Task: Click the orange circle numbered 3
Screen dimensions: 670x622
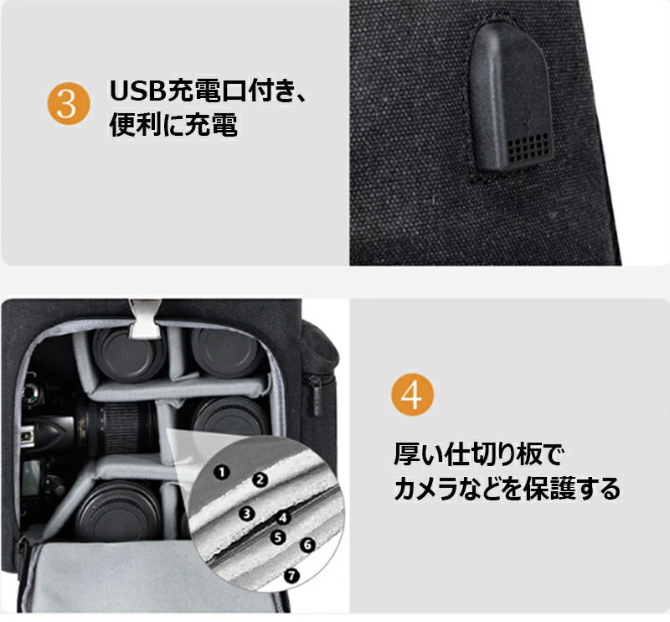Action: pyautogui.click(x=69, y=103)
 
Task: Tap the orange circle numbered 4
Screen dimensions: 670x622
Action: pyautogui.click(x=412, y=395)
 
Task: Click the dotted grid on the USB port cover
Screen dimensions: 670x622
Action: pyautogui.click(x=529, y=148)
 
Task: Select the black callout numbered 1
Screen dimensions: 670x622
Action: pyautogui.click(x=221, y=472)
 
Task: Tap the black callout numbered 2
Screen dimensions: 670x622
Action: pyautogui.click(x=260, y=479)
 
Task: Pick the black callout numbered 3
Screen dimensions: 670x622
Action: pyautogui.click(x=246, y=513)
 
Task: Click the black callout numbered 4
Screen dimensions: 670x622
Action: pyautogui.click(x=282, y=518)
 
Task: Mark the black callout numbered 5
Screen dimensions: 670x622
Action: pyautogui.click(x=278, y=536)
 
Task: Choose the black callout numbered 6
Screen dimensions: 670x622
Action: pyautogui.click(x=307, y=545)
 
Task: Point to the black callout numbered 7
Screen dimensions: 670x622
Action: pyautogui.click(x=291, y=575)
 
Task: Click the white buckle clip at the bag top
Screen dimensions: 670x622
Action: pyautogui.click(x=144, y=319)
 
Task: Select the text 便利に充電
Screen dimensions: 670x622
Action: pyautogui.click(x=173, y=125)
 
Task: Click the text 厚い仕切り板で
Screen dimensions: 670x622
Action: pyautogui.click(x=478, y=454)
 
